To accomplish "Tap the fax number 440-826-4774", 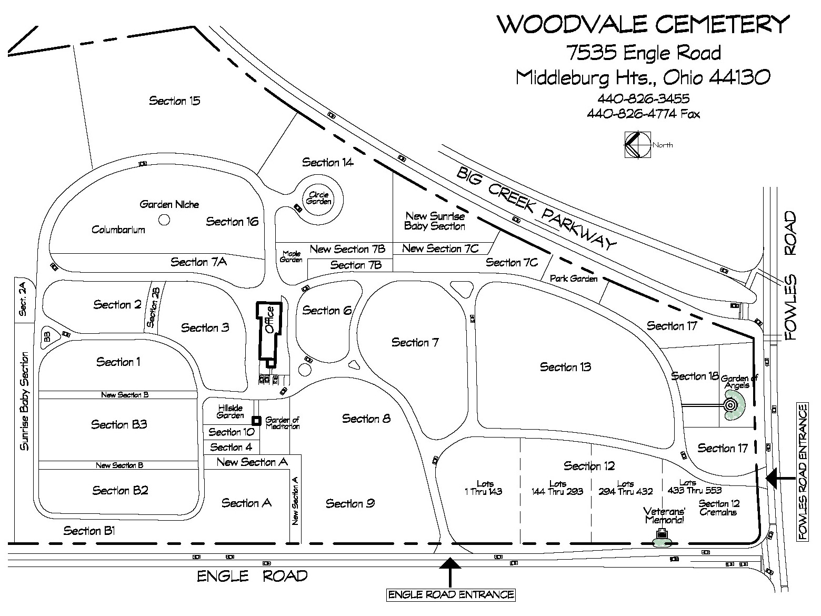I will [643, 114].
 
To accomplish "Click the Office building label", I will [270, 320].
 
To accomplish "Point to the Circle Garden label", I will [319, 198].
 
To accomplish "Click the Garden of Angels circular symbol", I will [730, 405].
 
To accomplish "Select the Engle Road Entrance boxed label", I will [450, 595].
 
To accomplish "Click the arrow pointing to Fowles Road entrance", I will [780, 479].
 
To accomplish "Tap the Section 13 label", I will [565, 367].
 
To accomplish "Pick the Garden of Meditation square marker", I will [256, 420].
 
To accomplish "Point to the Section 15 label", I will [174, 101].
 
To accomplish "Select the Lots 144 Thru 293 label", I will [557, 488].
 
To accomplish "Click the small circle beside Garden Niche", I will [164, 220].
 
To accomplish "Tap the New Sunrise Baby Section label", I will [435, 221].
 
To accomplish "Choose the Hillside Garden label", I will [230, 411].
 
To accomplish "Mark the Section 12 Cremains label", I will [719, 508].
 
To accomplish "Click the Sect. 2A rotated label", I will [23, 299].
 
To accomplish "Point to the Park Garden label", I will [574, 279].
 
